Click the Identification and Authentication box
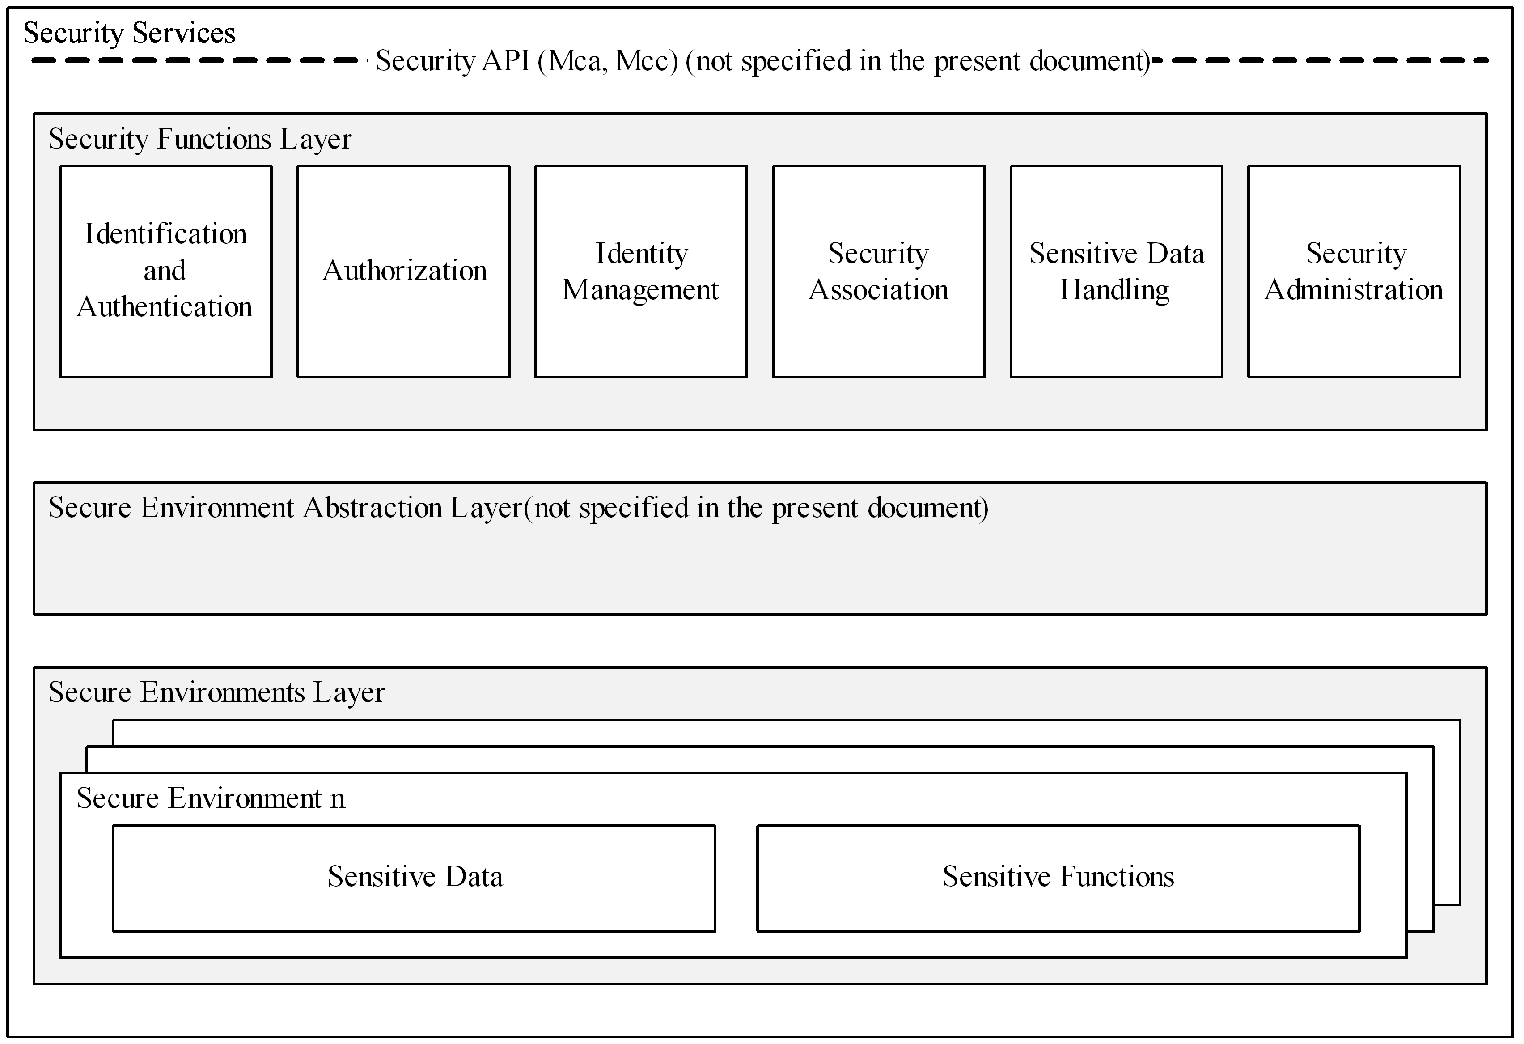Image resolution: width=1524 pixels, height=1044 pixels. (x=166, y=272)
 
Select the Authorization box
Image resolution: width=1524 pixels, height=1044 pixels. (x=403, y=272)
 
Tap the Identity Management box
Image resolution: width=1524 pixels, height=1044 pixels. (x=641, y=272)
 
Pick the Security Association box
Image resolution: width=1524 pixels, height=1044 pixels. (x=879, y=272)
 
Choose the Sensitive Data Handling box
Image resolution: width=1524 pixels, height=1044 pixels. (x=1116, y=272)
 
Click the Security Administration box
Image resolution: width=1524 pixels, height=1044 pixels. (x=1354, y=272)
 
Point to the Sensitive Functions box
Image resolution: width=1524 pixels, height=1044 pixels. (x=1058, y=879)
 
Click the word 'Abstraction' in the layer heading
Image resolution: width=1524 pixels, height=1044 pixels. (x=373, y=508)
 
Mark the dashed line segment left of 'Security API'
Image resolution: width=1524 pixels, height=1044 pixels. (x=195, y=60)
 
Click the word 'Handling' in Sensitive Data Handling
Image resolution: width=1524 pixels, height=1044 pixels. (x=1115, y=290)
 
